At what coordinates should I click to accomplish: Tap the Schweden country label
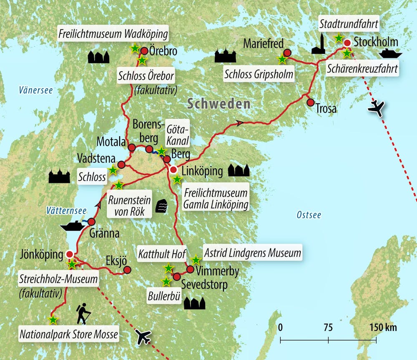(x=218, y=104)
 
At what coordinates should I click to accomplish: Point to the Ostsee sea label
(x=309, y=215)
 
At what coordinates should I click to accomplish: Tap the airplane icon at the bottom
(x=143, y=336)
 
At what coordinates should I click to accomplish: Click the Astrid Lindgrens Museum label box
(x=252, y=252)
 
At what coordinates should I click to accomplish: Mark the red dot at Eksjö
(x=127, y=270)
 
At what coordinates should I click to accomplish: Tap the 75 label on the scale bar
(x=328, y=327)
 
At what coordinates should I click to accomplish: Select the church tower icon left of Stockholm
(x=319, y=44)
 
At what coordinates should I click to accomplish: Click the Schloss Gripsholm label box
(x=259, y=74)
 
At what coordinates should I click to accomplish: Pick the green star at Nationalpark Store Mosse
(x=53, y=320)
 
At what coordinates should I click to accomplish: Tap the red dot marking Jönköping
(x=70, y=254)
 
